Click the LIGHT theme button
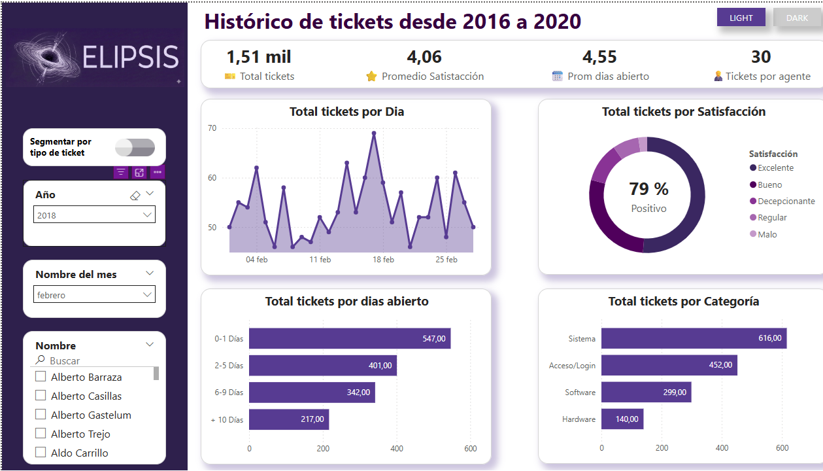click(741, 18)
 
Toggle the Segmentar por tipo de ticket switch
click(135, 148)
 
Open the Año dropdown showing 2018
click(94, 215)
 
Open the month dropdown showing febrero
click(94, 295)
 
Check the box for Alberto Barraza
click(41, 377)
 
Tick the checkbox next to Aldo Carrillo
click(41, 453)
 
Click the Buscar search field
click(92, 360)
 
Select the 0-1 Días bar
click(349, 339)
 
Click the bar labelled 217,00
click(288, 419)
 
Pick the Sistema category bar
click(693, 338)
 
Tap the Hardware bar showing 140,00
click(622, 419)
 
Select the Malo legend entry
click(767, 234)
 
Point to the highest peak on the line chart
click(374, 133)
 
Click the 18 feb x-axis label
click(383, 260)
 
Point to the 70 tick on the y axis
click(212, 128)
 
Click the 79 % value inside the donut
click(648, 190)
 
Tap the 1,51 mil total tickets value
click(259, 58)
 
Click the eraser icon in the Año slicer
click(135, 195)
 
